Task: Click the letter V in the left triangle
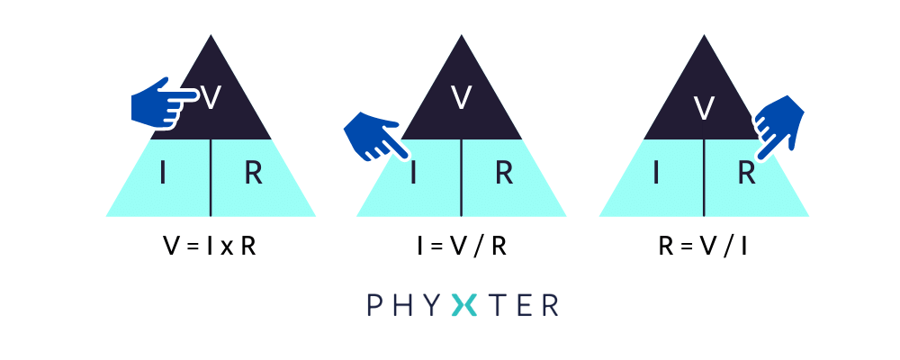[x=211, y=98]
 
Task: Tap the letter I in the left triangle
[x=163, y=174]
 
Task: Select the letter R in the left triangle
[x=254, y=174]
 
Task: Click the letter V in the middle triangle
[x=462, y=98]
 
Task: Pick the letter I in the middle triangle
[x=413, y=174]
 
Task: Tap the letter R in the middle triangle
[x=504, y=174]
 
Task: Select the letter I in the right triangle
[x=656, y=174]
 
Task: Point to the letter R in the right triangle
[x=747, y=174]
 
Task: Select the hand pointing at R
[x=778, y=127]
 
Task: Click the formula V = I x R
[x=210, y=247]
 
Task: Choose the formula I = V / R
[x=462, y=247]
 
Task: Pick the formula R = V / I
[x=704, y=247]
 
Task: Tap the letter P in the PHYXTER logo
[x=374, y=305]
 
